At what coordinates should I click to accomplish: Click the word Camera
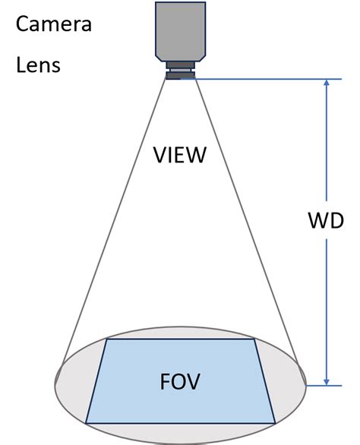tap(54, 24)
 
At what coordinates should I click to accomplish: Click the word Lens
tap(38, 65)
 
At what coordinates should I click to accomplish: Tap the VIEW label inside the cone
tap(180, 155)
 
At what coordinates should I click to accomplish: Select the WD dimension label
tap(326, 220)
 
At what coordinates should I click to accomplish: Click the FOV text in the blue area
tap(180, 381)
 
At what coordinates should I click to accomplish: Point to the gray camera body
tap(180, 31)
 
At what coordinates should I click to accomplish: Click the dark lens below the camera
tap(180, 71)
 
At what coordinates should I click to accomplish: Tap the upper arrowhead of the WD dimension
tap(327, 82)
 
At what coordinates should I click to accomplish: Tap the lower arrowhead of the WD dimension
tap(327, 382)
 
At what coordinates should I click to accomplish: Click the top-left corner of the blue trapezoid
tap(107, 339)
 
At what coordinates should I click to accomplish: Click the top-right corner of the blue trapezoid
tap(254, 339)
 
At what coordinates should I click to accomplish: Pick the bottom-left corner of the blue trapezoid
tap(86, 423)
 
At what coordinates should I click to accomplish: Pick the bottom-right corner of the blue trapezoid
tap(276, 423)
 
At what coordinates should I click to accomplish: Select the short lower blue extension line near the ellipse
tap(324, 386)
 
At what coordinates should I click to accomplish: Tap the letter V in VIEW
tap(160, 155)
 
